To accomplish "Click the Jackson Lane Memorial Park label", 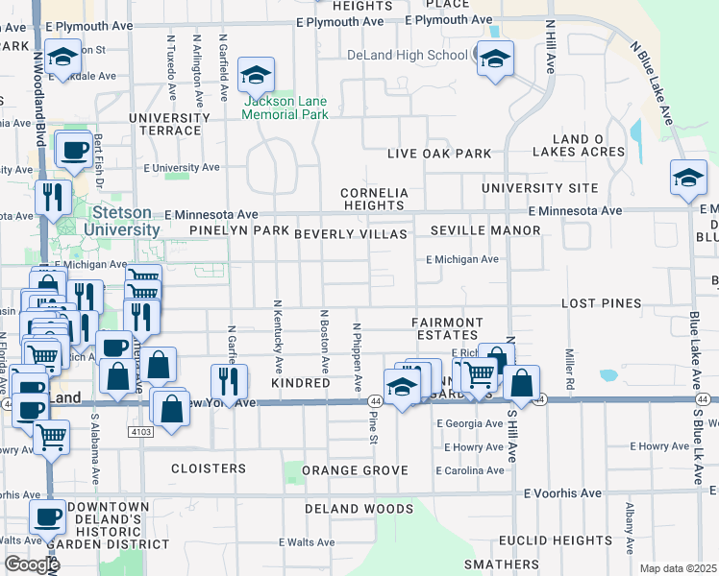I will pos(285,108).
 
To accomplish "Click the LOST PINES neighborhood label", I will pos(601,303).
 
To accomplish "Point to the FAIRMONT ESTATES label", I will pos(444,328).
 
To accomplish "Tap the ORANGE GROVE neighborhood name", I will pos(355,470).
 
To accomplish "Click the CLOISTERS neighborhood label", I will pos(209,468).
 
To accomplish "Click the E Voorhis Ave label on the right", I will pos(562,493).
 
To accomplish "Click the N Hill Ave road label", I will pos(551,47).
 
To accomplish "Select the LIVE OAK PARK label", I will pos(439,154).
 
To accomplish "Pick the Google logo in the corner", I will pos(31,564).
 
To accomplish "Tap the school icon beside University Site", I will pos(689,179).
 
